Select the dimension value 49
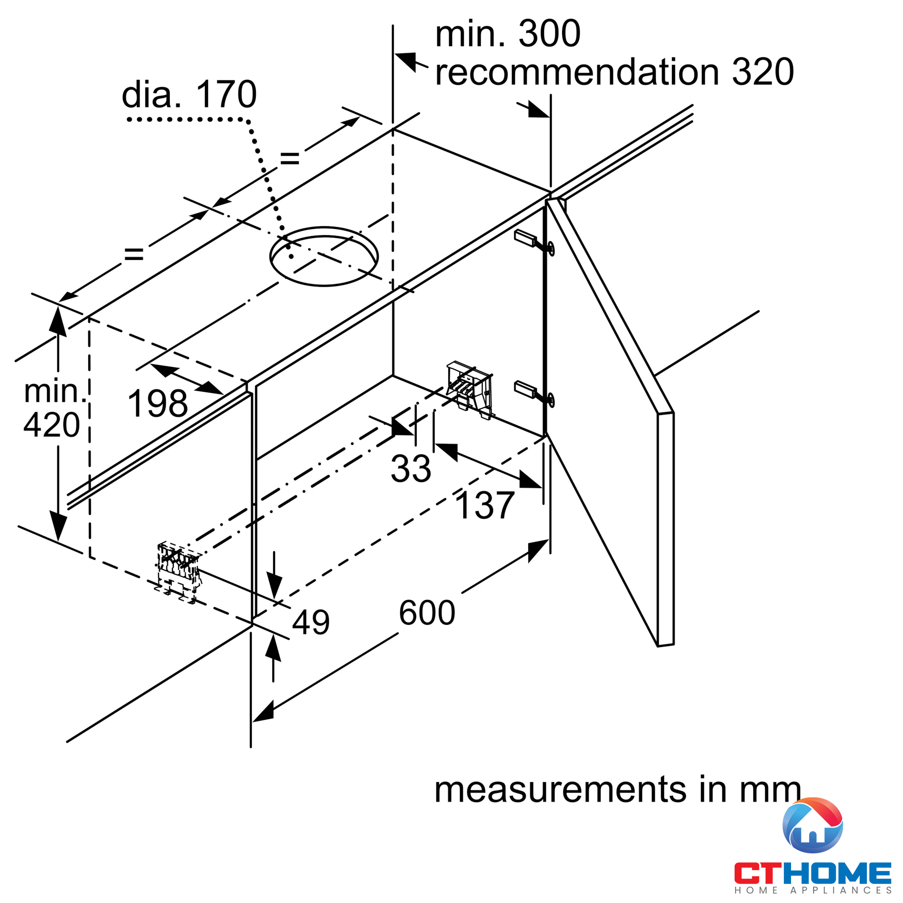[x=311, y=622]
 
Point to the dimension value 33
[x=410, y=468]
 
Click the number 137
[x=484, y=506]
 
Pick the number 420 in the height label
[x=51, y=425]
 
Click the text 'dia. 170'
[x=189, y=95]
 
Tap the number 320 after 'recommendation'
[x=763, y=72]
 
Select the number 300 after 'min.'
[x=549, y=34]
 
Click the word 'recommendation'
[x=577, y=72]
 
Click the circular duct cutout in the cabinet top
[x=324, y=256]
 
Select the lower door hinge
[x=534, y=391]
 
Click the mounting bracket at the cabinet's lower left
[x=178, y=571]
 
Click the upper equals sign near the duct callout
[x=289, y=159]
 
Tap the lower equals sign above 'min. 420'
[x=134, y=254]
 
